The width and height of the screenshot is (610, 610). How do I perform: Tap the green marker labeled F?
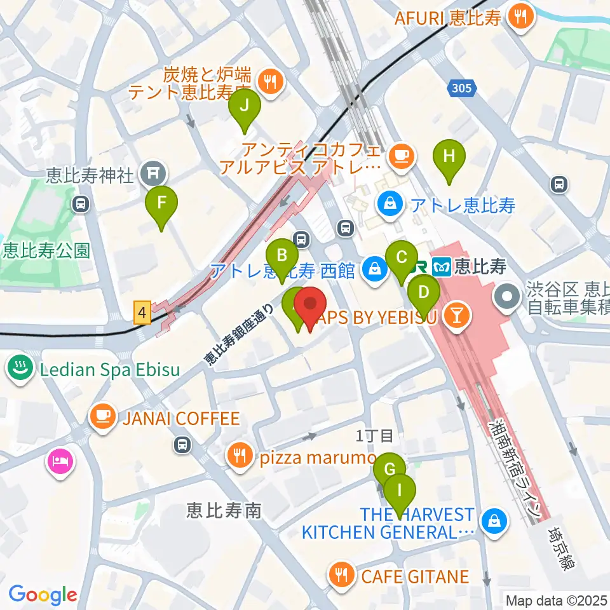pyautogui.click(x=161, y=205)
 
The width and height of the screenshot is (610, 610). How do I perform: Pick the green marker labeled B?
pyautogui.click(x=283, y=257)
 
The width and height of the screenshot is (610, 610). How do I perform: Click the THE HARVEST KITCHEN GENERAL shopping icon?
pyautogui.click(x=492, y=522)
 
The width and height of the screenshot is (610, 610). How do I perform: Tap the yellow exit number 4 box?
pyautogui.click(x=142, y=313)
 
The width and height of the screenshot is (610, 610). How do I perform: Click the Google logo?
pyautogui.click(x=43, y=595)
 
